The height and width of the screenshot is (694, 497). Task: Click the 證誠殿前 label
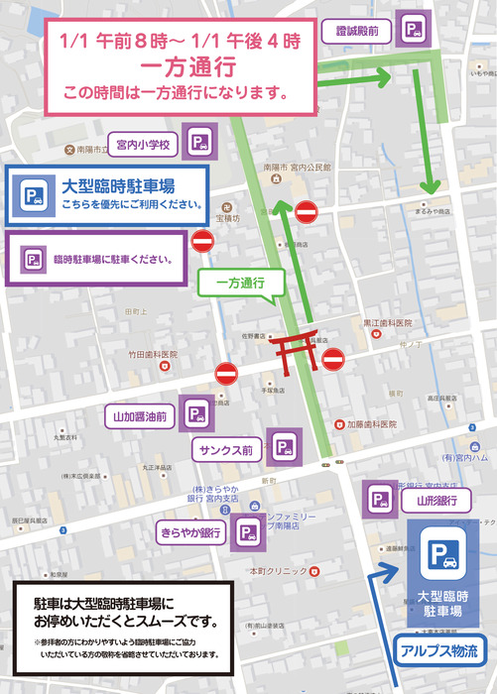click(356, 31)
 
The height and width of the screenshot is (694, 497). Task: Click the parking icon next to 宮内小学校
click(200, 144)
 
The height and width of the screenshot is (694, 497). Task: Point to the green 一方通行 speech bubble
click(241, 284)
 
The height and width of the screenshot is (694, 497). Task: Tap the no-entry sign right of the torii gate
click(332, 358)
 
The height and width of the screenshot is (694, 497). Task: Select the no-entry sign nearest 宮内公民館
click(307, 211)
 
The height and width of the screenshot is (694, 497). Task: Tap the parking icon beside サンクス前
click(285, 448)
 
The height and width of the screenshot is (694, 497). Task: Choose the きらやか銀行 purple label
click(189, 533)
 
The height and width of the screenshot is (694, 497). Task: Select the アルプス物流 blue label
click(437, 651)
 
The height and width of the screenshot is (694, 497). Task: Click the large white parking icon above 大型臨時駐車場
click(439, 557)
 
